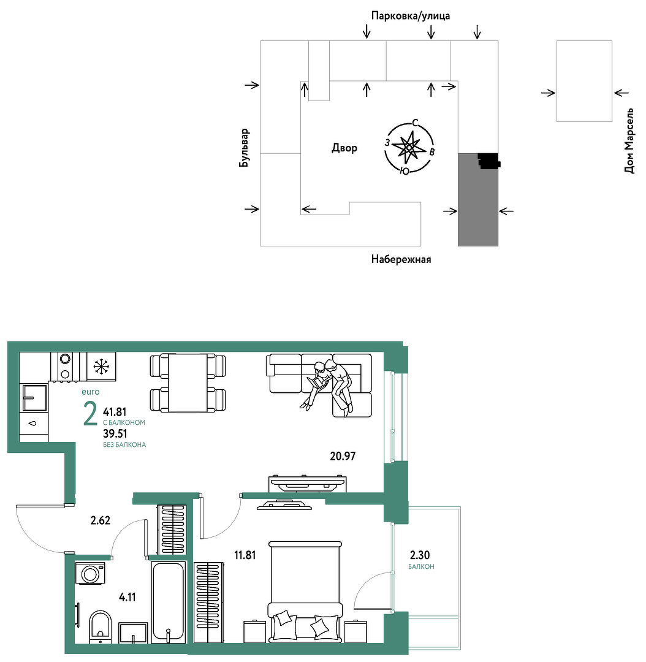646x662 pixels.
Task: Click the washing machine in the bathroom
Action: (x=90, y=573)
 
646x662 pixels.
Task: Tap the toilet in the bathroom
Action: (x=101, y=627)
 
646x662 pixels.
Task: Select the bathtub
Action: (x=168, y=602)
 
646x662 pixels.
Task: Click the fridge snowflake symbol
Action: (x=101, y=367)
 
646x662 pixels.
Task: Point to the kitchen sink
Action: (x=34, y=398)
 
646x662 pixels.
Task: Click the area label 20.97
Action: (x=343, y=456)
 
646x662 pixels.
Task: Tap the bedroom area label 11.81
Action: (x=245, y=555)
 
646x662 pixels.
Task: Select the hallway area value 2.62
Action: (x=101, y=520)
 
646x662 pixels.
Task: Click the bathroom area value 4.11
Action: (x=127, y=597)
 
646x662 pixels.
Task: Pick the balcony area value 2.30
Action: (x=420, y=555)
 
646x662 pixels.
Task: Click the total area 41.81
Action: (x=115, y=412)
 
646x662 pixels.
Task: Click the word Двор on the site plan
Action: (x=344, y=148)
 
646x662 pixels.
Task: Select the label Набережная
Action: (x=401, y=259)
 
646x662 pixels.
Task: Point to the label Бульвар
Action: (x=244, y=148)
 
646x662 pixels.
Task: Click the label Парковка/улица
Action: (x=411, y=16)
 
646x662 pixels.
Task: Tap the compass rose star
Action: (x=409, y=147)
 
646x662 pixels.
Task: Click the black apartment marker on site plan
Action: (x=489, y=161)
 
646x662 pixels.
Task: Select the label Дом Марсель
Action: (x=629, y=141)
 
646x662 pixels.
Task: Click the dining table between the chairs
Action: (x=188, y=383)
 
